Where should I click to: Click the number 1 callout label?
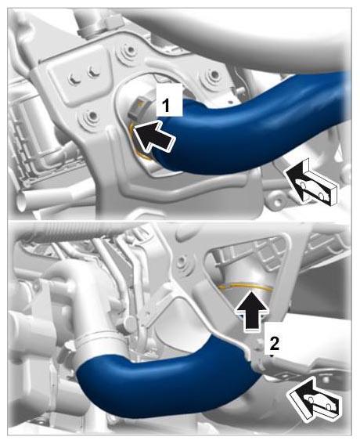coord(169,100)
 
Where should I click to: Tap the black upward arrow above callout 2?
coord(251,310)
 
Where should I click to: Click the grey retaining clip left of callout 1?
coord(136,109)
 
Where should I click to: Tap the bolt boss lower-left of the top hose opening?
coord(92,115)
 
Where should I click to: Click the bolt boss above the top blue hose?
coord(214,74)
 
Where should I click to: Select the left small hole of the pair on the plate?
coord(74,78)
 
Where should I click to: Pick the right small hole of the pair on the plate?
coord(93,70)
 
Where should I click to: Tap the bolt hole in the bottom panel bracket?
coord(181,262)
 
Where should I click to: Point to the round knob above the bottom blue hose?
coord(130,322)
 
